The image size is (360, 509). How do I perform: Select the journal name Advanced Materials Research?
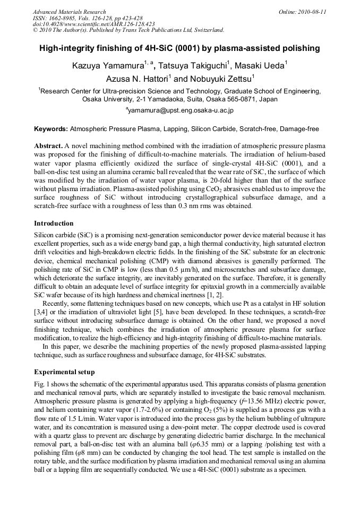tap(69, 12)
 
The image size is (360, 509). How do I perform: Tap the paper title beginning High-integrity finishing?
tap(179, 49)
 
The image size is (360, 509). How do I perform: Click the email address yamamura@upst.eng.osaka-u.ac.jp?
tap(180, 111)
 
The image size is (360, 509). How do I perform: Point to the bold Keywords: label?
tap(51, 129)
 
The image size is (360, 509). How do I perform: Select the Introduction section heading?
tap(54, 223)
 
